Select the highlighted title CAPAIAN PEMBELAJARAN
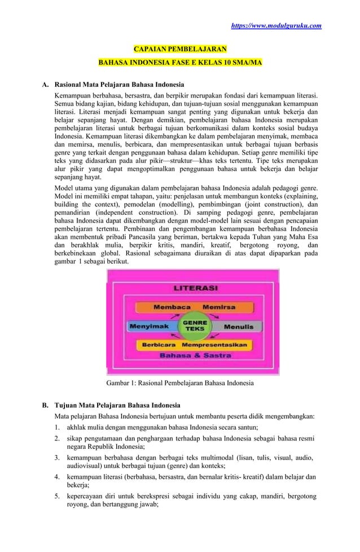click(x=180, y=50)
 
